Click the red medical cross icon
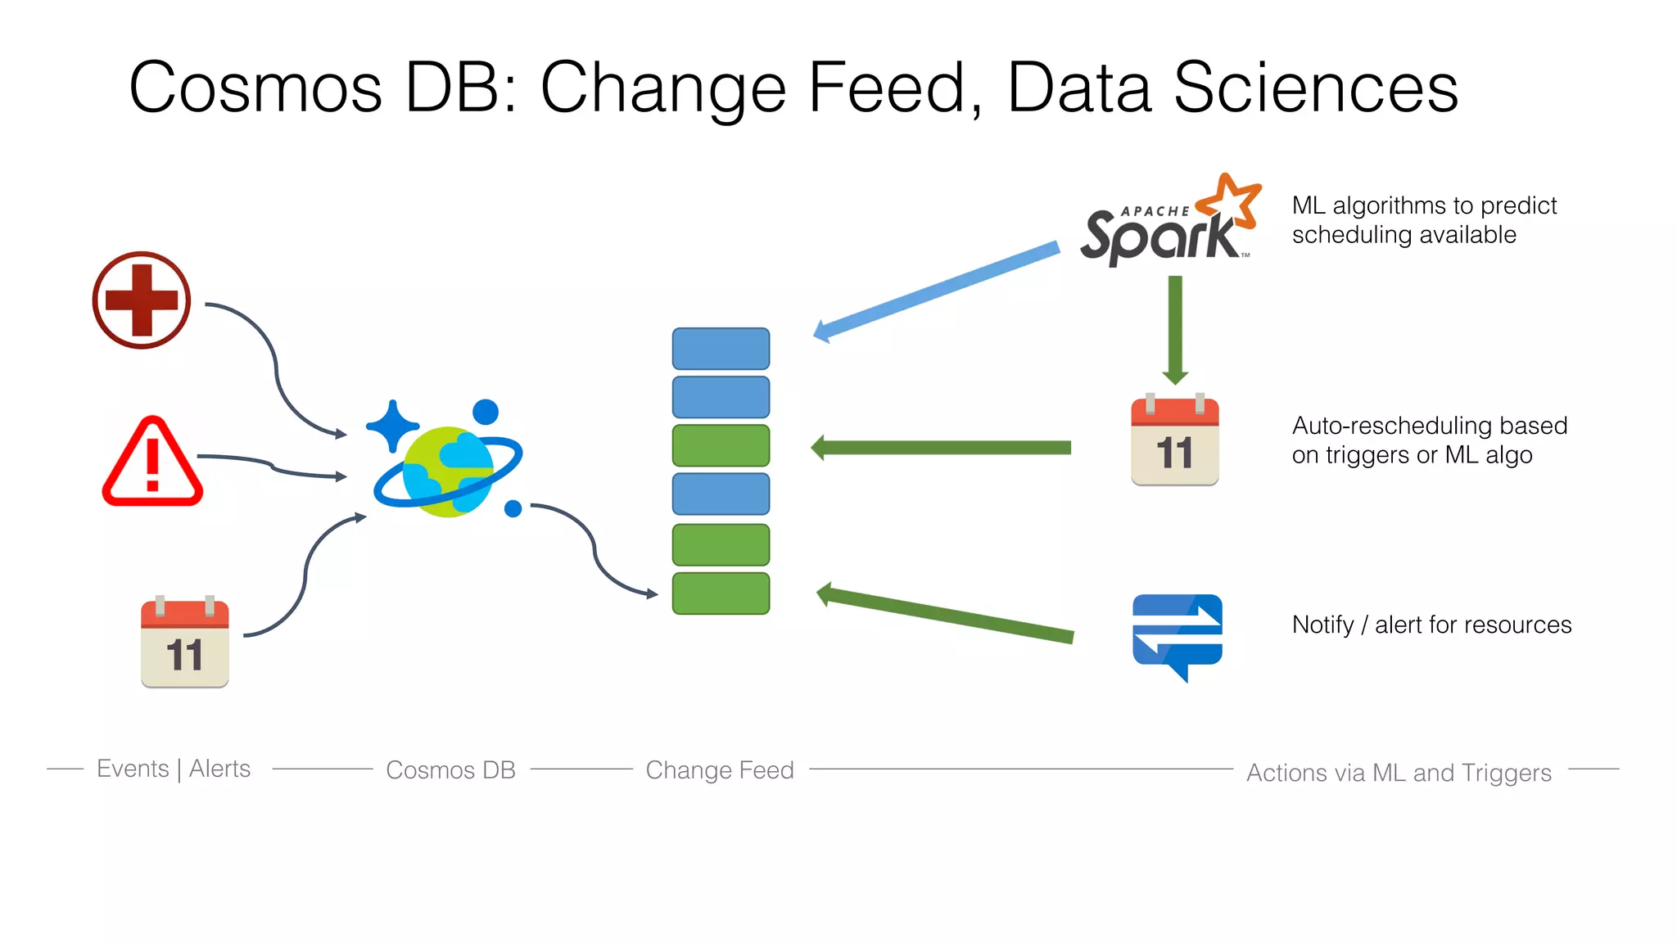point(142,300)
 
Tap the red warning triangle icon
point(152,463)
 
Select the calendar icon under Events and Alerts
point(184,643)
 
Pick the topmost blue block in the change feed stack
point(721,349)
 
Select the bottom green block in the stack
point(721,593)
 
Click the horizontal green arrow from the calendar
point(942,448)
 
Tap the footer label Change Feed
point(720,770)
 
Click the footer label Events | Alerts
point(174,769)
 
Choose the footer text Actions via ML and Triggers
point(1399,773)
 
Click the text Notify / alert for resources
point(1431,625)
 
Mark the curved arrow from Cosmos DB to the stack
point(594,548)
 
